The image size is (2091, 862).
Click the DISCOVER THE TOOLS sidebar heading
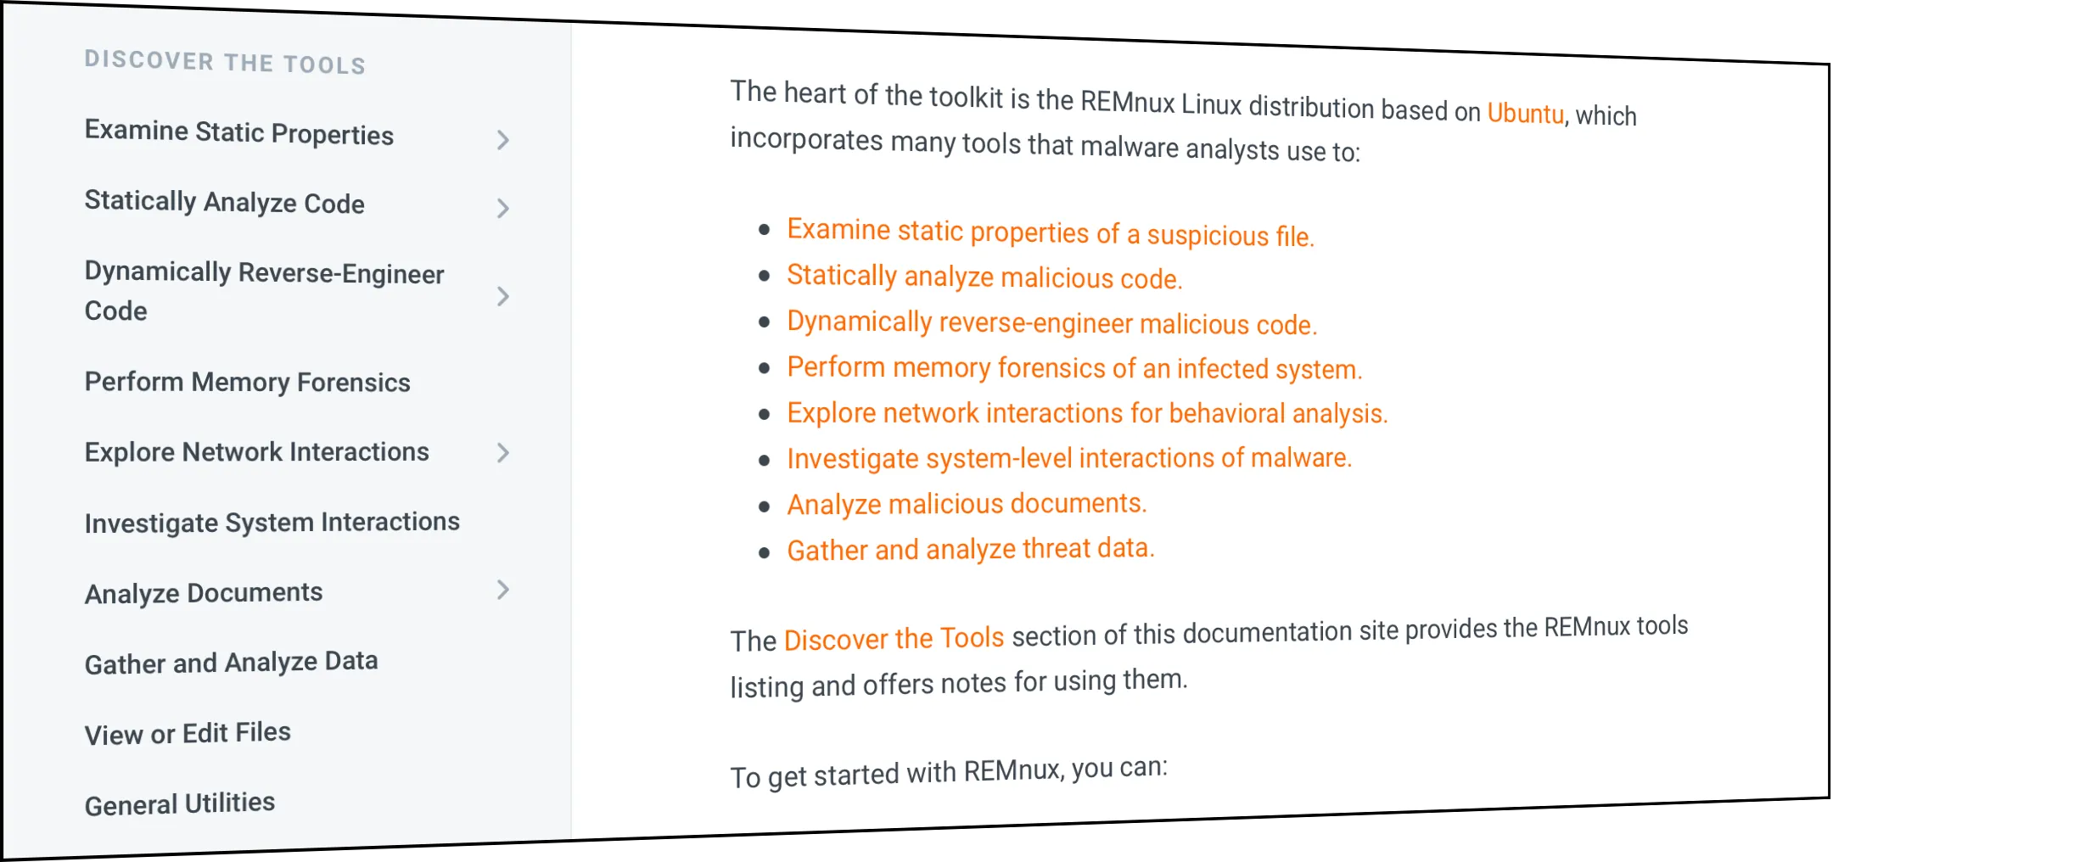pos(225,62)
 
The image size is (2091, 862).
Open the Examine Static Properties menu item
pos(239,133)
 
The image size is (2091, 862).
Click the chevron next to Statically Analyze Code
pos(502,209)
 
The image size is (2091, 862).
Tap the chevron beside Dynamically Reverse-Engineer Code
pos(502,296)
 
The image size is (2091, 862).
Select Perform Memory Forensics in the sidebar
pos(247,382)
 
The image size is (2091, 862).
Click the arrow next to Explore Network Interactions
pos(502,453)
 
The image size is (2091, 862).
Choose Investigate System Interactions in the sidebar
pos(272,522)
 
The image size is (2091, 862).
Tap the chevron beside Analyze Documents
pos(502,590)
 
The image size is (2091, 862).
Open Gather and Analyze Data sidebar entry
pos(231,662)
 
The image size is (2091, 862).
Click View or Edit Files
pos(188,733)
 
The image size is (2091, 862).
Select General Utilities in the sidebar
pos(179,803)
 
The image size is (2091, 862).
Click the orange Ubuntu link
pos(1525,114)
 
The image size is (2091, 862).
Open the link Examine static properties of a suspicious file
pos(1050,232)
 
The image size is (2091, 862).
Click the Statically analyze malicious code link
pos(984,277)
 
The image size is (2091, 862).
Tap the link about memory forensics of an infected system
pos(1074,368)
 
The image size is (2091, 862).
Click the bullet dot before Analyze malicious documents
pos(765,507)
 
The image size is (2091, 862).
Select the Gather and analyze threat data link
pos(970,549)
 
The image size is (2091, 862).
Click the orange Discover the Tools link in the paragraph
pos(894,638)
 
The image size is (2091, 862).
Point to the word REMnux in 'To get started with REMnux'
pos(1012,771)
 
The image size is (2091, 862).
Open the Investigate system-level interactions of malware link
pos(1068,458)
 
